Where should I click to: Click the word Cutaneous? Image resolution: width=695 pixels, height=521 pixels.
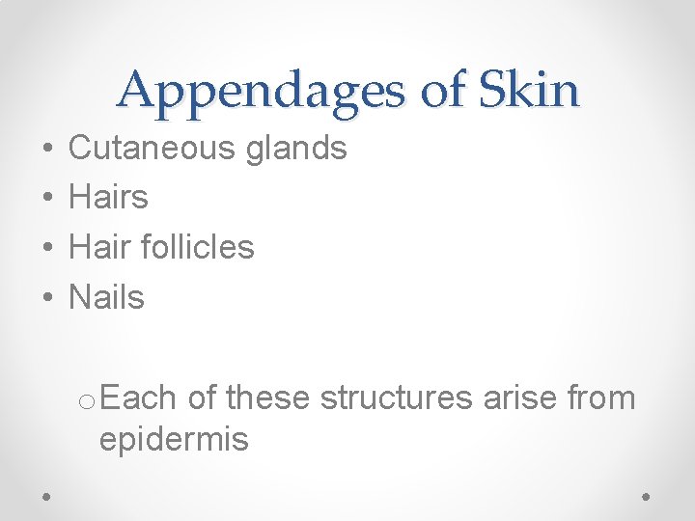tap(152, 148)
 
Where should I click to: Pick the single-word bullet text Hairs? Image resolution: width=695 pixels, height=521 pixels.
tap(109, 198)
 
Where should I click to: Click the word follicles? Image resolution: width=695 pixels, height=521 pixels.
tap(197, 247)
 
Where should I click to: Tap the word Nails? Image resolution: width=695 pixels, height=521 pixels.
tap(106, 297)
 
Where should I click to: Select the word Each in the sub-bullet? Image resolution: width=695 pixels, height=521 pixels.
tap(137, 397)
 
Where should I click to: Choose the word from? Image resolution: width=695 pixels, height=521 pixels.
tap(600, 397)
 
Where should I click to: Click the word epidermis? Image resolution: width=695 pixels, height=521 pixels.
tap(174, 439)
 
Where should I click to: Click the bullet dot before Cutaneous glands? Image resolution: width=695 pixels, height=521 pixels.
tap(47, 150)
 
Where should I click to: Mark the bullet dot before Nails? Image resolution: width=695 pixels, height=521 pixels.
tap(47, 299)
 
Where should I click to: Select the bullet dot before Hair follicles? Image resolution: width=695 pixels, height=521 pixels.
tap(47, 249)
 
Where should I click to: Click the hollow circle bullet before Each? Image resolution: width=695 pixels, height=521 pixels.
tap(88, 399)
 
